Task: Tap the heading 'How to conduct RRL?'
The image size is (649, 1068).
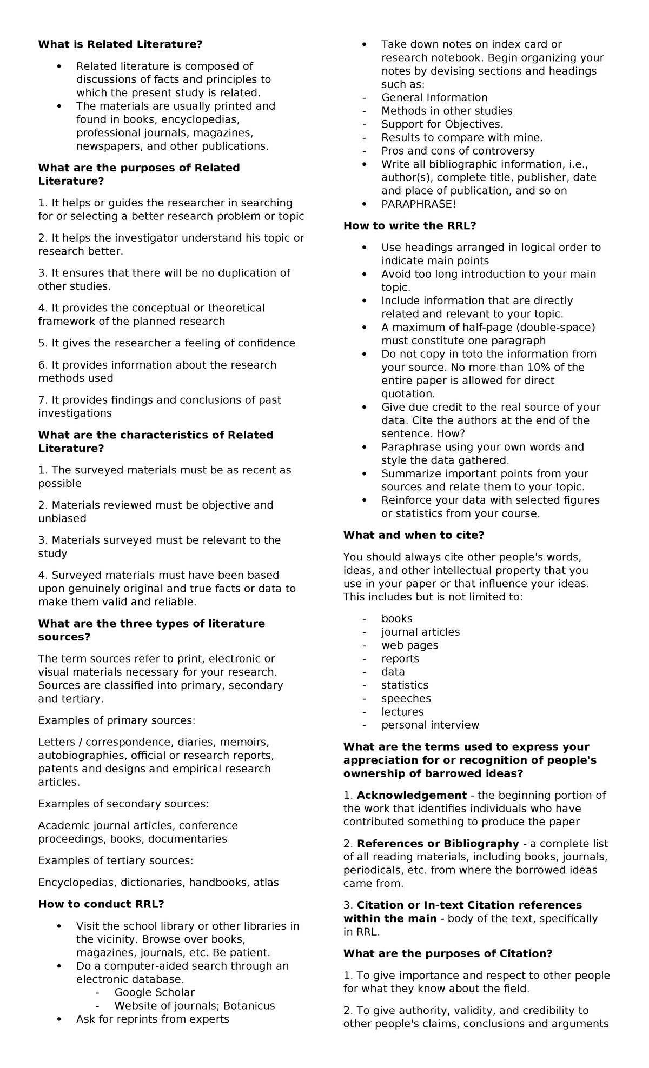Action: coord(101,904)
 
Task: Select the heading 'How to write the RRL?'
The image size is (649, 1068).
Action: coord(409,226)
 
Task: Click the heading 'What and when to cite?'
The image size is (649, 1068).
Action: coord(414,535)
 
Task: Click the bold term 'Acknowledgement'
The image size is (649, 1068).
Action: coord(412,796)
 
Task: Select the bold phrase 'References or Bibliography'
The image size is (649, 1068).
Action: coord(438,844)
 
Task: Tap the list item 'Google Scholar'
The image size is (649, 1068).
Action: coord(154,992)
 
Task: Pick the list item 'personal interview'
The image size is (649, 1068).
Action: coord(430,725)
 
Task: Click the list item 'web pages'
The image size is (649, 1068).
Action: coord(409,645)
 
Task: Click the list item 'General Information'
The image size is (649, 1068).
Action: coord(434,98)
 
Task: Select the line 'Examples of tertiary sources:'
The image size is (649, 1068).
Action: coord(115,860)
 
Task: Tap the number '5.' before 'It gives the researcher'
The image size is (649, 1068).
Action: coord(43,343)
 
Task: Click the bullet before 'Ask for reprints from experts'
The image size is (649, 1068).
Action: coord(59,1019)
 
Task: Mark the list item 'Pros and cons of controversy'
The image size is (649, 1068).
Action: coord(458,151)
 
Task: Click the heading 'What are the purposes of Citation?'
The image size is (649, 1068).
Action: coord(448,953)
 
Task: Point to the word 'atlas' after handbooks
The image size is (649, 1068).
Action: coord(264,883)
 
